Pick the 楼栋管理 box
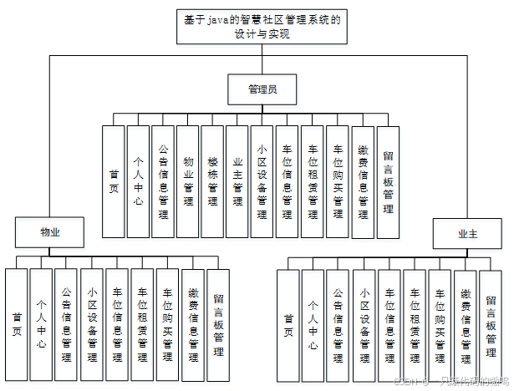click(x=212, y=182)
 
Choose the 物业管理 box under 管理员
click(x=187, y=182)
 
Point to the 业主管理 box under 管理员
click(x=237, y=182)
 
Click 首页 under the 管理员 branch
click(x=114, y=182)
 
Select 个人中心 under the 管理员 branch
click(x=138, y=182)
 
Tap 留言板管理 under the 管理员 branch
click(x=388, y=182)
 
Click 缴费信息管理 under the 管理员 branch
click(x=363, y=182)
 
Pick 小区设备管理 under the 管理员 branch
click(x=262, y=182)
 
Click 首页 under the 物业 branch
click(x=17, y=324)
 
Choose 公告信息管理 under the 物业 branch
click(x=67, y=324)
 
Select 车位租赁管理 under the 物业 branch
click(x=142, y=324)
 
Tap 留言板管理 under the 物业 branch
click(x=217, y=324)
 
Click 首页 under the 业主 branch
click(x=288, y=324)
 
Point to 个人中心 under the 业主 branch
click(x=313, y=324)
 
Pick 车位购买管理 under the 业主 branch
click(x=440, y=324)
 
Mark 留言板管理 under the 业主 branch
click(x=491, y=324)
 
